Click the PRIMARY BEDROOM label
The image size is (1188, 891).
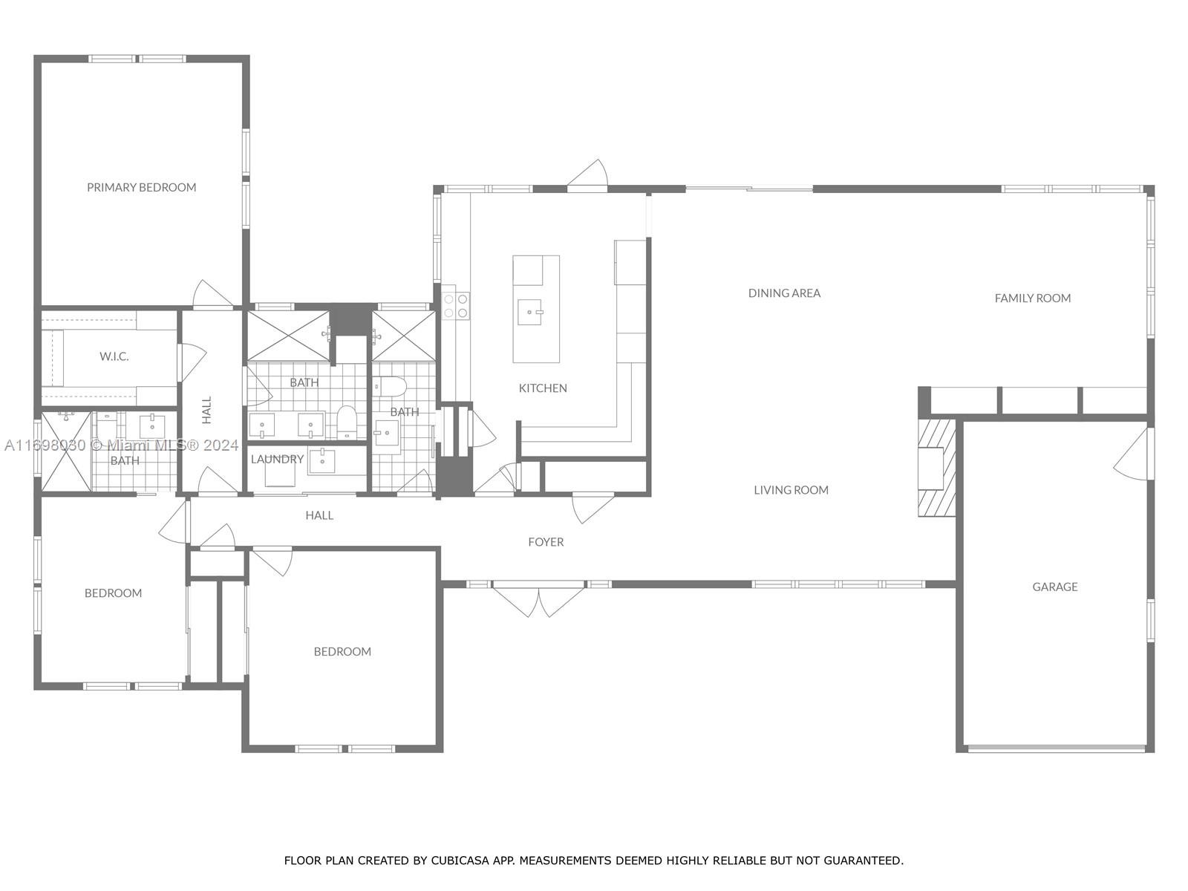[x=142, y=187]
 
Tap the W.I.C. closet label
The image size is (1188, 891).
[x=114, y=356]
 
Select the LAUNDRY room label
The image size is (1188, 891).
[x=277, y=459]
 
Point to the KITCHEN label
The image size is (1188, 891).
[x=543, y=388]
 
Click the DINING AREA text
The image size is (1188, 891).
[x=784, y=293]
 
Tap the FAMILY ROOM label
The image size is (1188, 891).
[x=1032, y=298]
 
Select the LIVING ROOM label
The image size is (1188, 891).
[x=791, y=489]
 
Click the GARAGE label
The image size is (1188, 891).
[x=1054, y=587]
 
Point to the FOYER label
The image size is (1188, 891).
[x=546, y=542]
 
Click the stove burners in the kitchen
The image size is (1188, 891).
[x=456, y=306]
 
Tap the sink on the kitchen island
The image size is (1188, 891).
[x=532, y=313]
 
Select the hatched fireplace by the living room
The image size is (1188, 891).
[x=936, y=468]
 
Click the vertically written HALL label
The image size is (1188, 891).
[x=207, y=410]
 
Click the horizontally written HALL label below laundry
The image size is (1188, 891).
[x=319, y=515]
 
